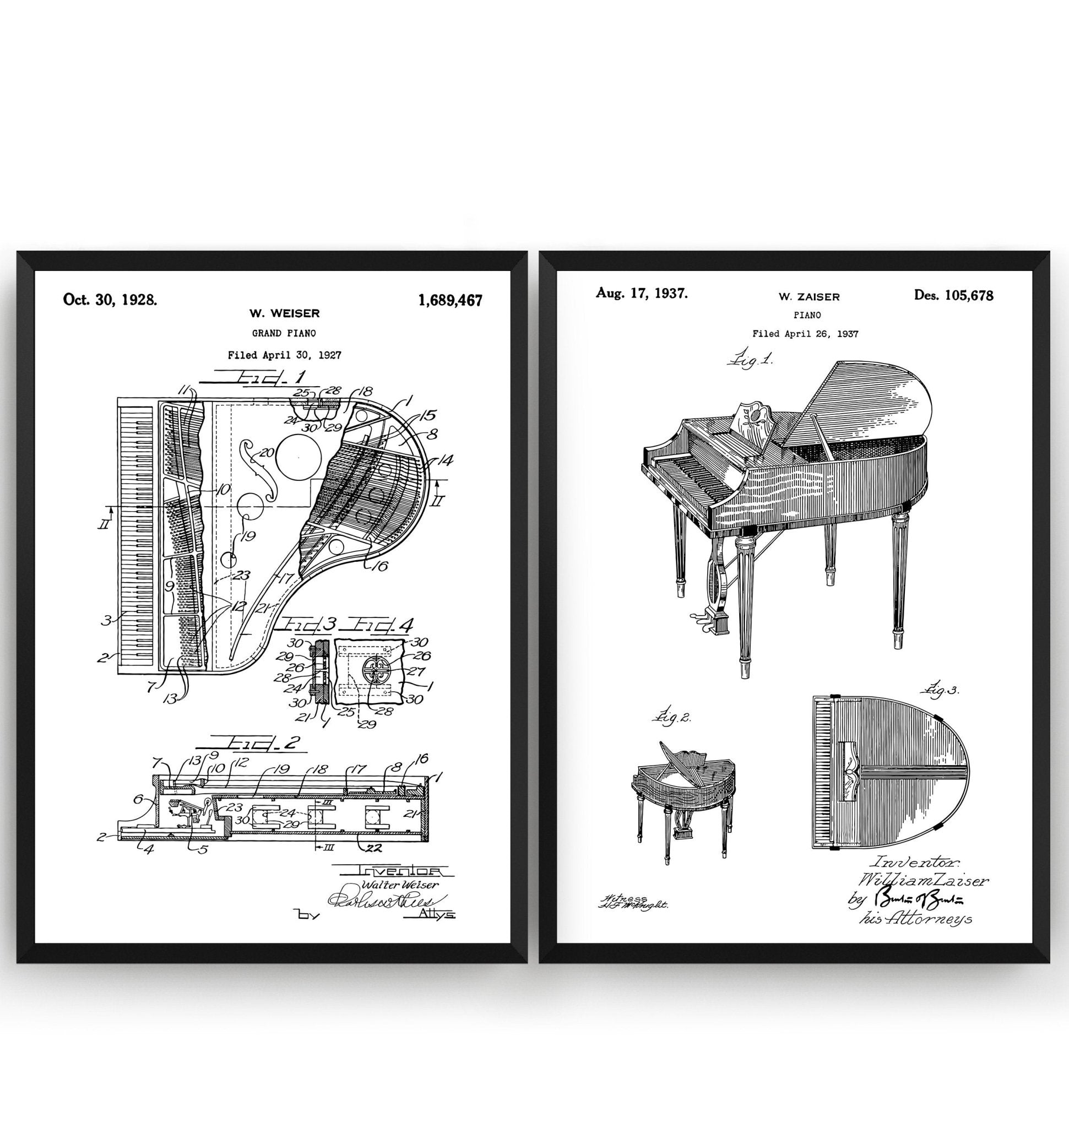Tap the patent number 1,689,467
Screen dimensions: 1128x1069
(x=450, y=300)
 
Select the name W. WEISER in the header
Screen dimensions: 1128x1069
(x=284, y=313)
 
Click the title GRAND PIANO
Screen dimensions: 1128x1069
(x=284, y=333)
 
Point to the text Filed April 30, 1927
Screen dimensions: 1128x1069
(x=284, y=355)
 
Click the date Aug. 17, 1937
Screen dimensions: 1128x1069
(x=642, y=294)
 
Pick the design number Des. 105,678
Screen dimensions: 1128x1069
(x=953, y=295)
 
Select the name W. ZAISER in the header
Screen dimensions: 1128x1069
(x=808, y=297)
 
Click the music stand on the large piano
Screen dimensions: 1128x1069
(x=751, y=421)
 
